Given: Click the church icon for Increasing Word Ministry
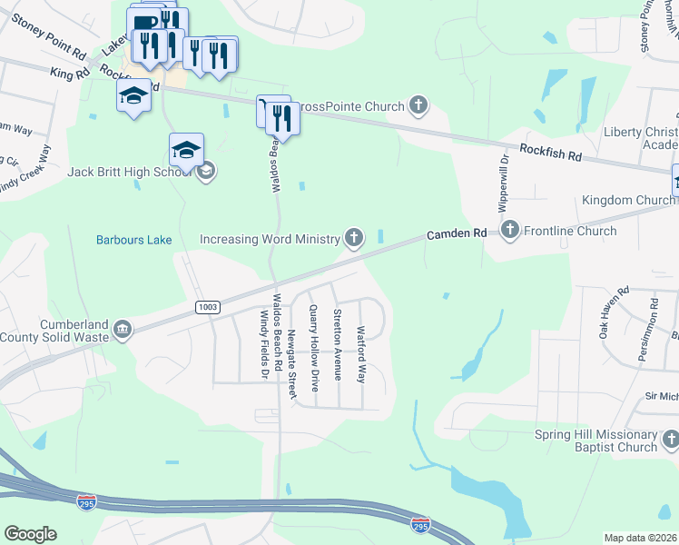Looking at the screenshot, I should click(354, 239).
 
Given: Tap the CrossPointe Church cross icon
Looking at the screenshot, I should click(418, 106).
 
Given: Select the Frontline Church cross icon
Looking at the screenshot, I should click(509, 231).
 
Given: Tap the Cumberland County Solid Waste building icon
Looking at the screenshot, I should click(121, 328).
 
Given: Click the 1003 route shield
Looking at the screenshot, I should click(208, 307).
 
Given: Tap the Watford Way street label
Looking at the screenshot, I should click(360, 354).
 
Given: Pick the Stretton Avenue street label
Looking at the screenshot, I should click(337, 344).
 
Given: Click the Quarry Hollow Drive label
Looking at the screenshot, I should click(314, 348).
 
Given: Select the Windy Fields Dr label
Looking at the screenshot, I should click(264, 342).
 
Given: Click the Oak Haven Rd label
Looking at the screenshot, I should click(614, 314).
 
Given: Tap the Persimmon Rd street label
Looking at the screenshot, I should click(645, 328).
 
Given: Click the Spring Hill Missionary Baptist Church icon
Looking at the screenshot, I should click(670, 441).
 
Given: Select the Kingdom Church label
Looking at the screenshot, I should click(628, 200).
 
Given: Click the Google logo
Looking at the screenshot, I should click(30, 534).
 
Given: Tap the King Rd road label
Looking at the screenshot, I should click(70, 72).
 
